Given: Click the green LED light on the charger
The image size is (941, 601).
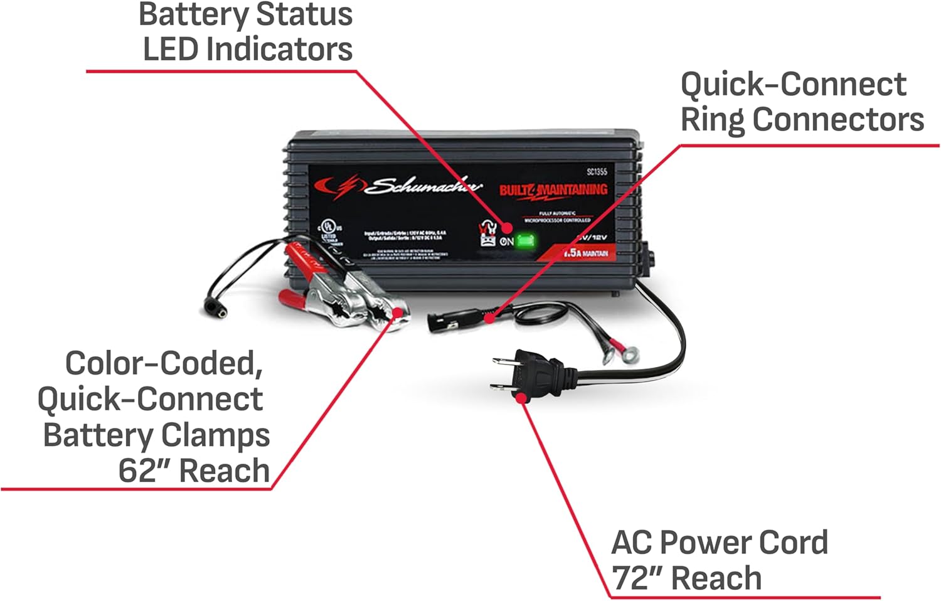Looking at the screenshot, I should click(524, 241).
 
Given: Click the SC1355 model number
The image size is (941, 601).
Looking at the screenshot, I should click(597, 171).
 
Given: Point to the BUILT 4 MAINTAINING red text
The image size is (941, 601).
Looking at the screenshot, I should click(553, 189).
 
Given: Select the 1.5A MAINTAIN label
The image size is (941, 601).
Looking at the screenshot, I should click(585, 253).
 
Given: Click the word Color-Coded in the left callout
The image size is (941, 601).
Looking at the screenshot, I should click(164, 363).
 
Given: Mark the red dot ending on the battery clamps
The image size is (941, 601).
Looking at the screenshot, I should click(396, 312).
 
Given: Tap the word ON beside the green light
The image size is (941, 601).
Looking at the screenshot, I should click(507, 241).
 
